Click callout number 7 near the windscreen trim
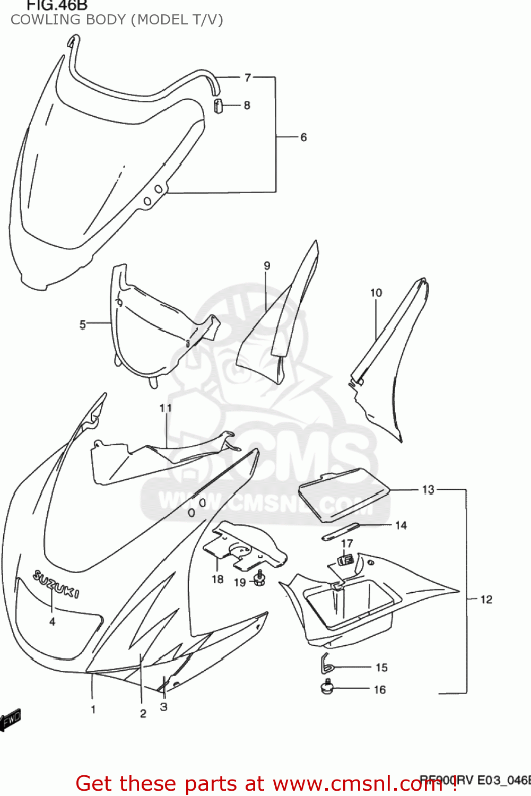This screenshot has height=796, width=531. click(x=248, y=77)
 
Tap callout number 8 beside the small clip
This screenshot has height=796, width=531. click(x=247, y=105)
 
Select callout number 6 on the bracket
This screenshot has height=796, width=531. click(x=303, y=137)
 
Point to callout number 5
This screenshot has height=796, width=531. click(x=83, y=324)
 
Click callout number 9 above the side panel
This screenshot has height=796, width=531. click(x=267, y=266)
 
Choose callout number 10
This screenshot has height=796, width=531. click(x=376, y=293)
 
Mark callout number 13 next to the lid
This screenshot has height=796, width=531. click(x=428, y=489)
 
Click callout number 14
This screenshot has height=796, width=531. click(x=401, y=525)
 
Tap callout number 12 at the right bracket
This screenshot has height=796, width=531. click(x=486, y=600)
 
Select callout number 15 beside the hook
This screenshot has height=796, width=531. click(x=382, y=668)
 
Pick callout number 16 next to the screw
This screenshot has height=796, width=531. click(x=380, y=690)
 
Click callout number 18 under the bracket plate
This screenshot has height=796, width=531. click(x=217, y=579)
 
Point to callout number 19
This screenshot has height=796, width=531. click(x=240, y=583)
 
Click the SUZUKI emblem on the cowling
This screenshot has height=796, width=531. click(x=57, y=583)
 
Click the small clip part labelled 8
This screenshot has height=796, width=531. click(x=217, y=106)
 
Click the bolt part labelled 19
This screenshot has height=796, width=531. click(x=259, y=578)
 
